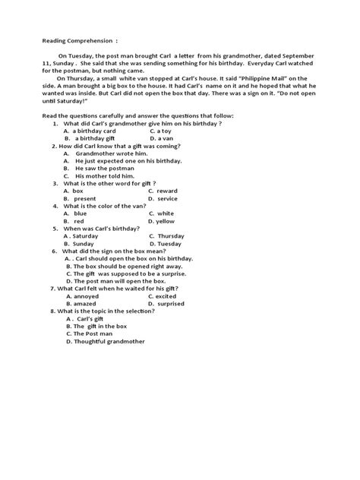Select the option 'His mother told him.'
(106, 175)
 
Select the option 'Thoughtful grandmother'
(109, 341)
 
